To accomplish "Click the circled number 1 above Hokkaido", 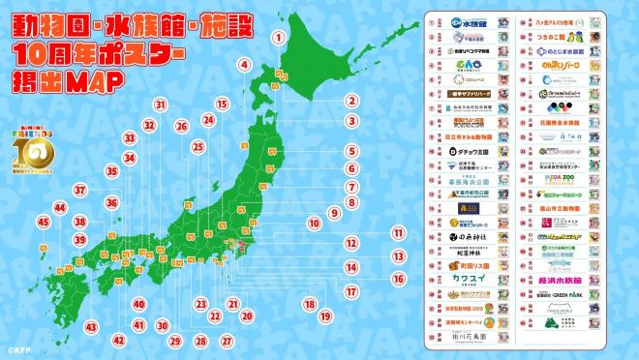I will [279, 38].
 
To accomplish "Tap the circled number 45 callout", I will [44, 222].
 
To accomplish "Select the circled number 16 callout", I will [397, 278].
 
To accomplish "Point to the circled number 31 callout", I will [161, 105].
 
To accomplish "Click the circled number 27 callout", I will [226, 341].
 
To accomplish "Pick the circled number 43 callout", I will [91, 327].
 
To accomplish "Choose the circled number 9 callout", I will [334, 213].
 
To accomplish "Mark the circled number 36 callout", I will [112, 203].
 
